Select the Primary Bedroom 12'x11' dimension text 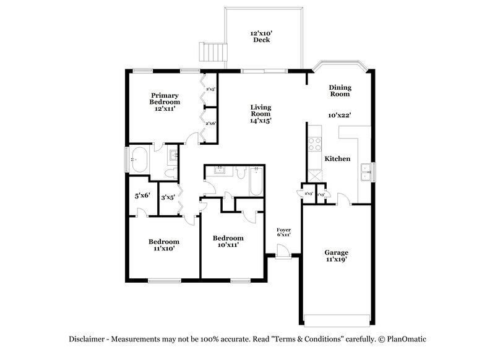point(165,108)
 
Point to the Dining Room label point(340,91)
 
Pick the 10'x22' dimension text point(340,115)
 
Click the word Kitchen point(338,159)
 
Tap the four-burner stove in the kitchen point(314,144)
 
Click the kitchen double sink point(366,171)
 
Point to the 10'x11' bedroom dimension point(228,245)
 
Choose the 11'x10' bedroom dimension point(164,248)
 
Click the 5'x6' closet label point(142,195)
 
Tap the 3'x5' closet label point(168,198)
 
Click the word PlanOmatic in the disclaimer point(405,339)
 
